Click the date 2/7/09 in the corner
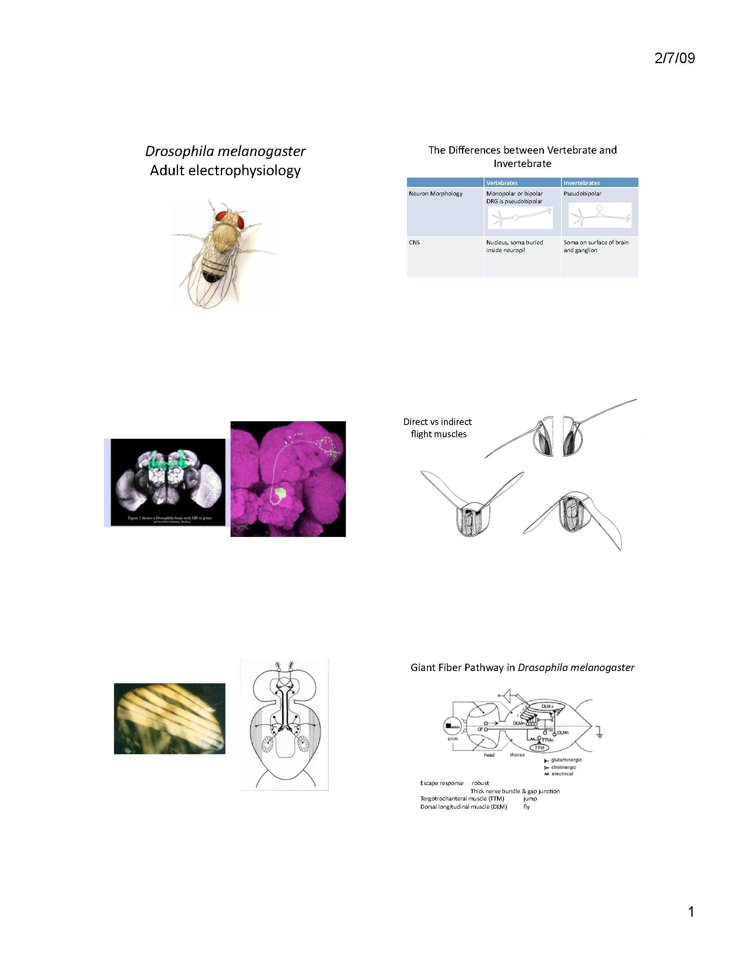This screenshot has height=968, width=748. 674,58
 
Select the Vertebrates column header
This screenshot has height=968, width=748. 502,183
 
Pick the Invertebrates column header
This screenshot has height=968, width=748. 581,183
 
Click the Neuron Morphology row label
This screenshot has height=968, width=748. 435,194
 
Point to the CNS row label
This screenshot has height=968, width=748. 414,242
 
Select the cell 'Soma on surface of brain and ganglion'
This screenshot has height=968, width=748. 596,246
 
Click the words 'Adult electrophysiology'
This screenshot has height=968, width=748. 225,170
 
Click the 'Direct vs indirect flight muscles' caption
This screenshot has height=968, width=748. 438,428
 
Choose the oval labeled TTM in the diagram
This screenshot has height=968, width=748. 539,748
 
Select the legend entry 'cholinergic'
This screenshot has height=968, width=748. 563,767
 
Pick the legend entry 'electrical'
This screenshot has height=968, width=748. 562,774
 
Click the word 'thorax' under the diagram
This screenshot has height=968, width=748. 517,755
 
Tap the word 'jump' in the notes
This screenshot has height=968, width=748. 530,799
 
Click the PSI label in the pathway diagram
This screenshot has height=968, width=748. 549,730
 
